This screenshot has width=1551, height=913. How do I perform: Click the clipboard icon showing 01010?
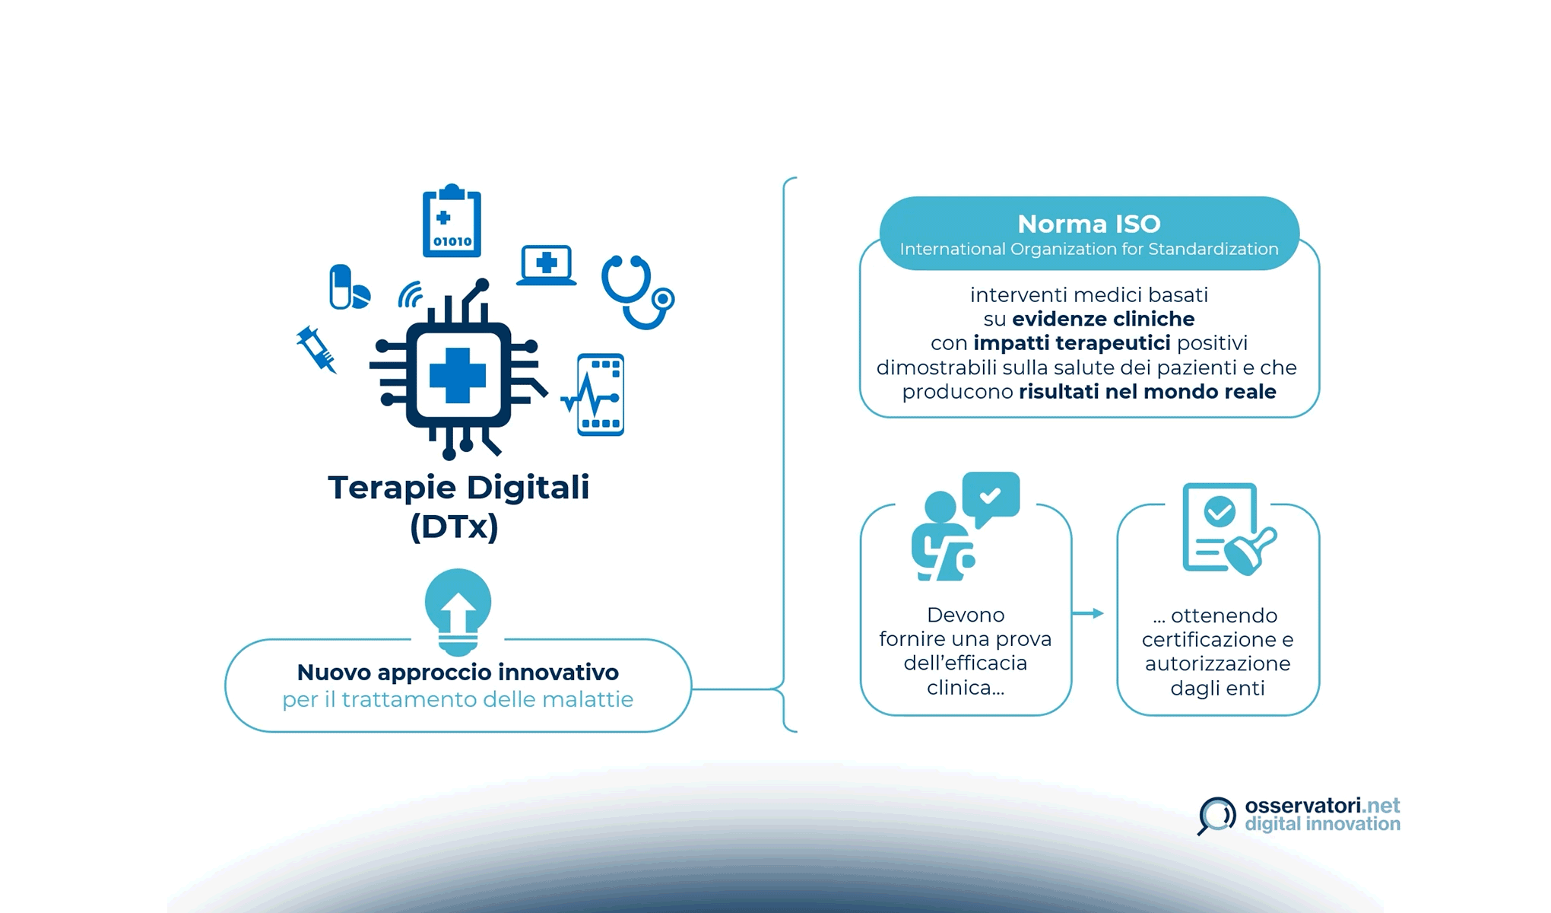coord(452,221)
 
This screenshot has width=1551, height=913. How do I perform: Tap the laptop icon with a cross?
coord(546,266)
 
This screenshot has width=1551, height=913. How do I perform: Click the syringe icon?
coord(316,349)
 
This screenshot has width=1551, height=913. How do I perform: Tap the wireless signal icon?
coord(411,295)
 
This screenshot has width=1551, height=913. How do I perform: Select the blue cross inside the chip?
coord(457,375)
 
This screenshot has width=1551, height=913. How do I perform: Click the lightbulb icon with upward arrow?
coord(458,610)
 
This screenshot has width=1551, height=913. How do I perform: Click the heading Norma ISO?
coord(1089,224)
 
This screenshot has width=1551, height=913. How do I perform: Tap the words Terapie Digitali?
coord(458,488)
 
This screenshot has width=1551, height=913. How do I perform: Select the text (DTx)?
coord(454,526)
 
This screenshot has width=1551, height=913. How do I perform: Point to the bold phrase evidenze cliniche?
coord(1102,319)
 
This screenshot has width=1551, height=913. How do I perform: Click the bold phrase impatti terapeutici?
coord(1071,343)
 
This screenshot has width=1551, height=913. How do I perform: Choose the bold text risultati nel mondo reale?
coord(1147,392)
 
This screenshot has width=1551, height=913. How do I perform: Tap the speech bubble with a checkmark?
coord(990,498)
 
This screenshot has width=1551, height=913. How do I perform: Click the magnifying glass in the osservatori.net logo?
coord(1216,815)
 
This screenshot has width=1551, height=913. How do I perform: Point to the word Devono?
coord(966,615)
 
